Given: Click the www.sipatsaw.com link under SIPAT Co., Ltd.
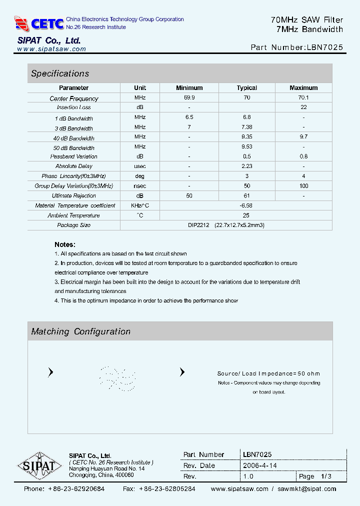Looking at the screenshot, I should click(51, 49).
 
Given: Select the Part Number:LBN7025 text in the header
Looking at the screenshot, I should click(296, 48).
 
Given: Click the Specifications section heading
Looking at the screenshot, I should click(60, 73).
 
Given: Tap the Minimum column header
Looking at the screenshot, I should click(189, 87).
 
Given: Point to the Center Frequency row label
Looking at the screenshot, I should click(74, 98).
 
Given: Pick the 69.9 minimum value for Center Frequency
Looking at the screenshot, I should click(189, 98).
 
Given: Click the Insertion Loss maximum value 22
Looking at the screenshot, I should click(303, 107).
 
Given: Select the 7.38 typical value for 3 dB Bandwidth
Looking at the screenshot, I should click(246, 127).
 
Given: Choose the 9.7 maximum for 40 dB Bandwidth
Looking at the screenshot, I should click(303, 137).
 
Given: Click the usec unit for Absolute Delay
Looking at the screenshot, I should click(140, 166).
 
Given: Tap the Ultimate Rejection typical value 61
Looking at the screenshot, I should click(246, 195).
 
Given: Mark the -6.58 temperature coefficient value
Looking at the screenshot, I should click(246, 205).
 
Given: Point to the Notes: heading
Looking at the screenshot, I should click(65, 244).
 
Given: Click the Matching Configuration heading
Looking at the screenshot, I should click(80, 331).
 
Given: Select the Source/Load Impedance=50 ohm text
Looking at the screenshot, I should click(268, 373).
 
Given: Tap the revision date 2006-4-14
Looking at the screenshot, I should click(259, 465).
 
